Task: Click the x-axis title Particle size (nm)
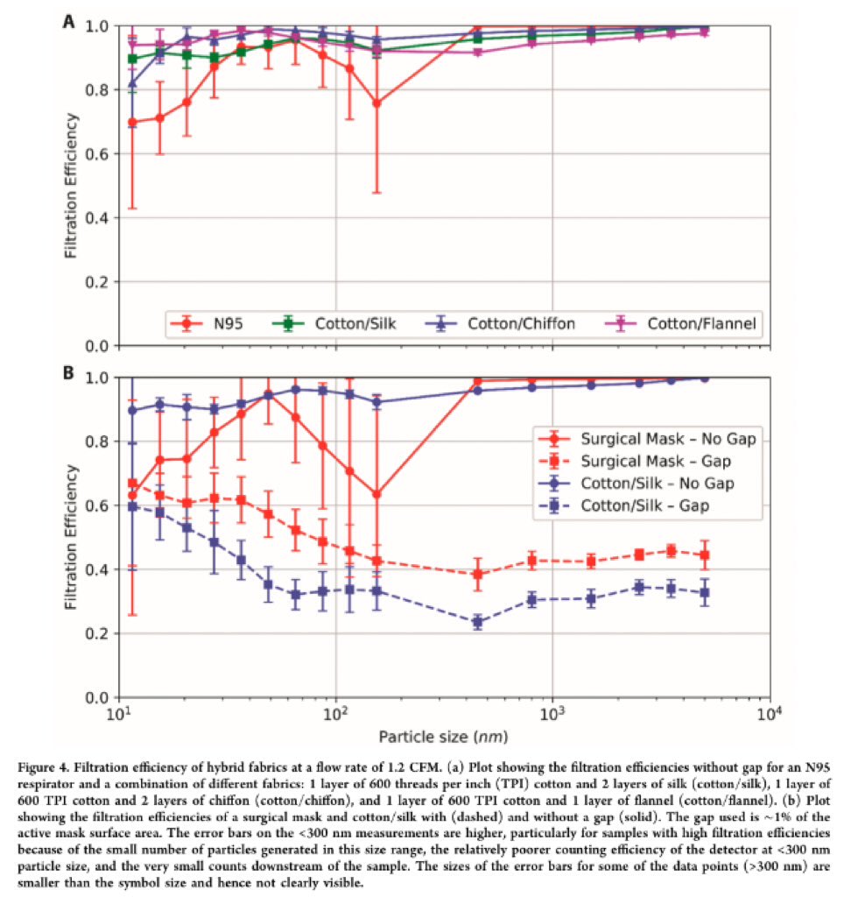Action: [x=443, y=732]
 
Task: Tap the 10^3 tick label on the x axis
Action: [x=552, y=714]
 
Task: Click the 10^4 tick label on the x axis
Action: [x=770, y=714]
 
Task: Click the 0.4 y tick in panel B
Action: [x=99, y=570]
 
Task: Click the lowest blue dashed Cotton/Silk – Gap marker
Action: [x=478, y=622]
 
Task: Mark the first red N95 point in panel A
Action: [x=132, y=123]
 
